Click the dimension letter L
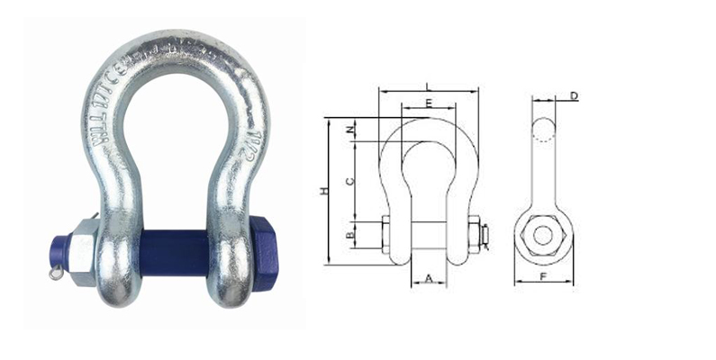pos(429,85)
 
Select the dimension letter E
pos(429,103)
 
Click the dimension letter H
pos(322,190)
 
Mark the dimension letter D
pos(574,95)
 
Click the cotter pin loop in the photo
pos(56,269)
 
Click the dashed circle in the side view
pos(542,131)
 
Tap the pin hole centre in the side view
pos(542,234)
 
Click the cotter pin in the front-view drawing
pos(486,235)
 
